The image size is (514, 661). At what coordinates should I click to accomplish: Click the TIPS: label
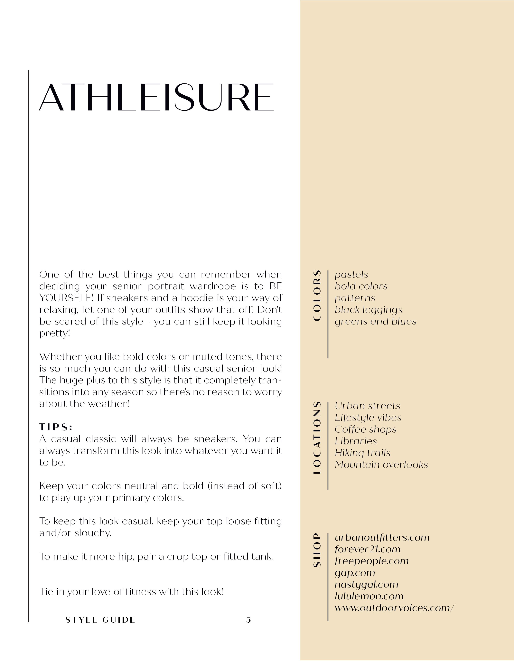pos(56,427)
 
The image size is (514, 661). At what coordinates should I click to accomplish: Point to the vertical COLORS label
pos(317,295)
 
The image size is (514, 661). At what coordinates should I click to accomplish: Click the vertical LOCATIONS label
pos(317,438)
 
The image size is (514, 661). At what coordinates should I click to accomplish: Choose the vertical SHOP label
pos(317,550)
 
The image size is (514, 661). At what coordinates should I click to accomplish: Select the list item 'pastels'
pos(351,275)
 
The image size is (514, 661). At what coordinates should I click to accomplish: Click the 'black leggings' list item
pos(368,310)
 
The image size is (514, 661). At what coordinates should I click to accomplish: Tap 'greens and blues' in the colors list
pos(375,321)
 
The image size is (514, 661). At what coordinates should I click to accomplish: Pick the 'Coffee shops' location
pos(365,429)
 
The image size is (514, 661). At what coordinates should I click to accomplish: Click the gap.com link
pos(355,573)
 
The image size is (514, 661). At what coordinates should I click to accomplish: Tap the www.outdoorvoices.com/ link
pos(394,608)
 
